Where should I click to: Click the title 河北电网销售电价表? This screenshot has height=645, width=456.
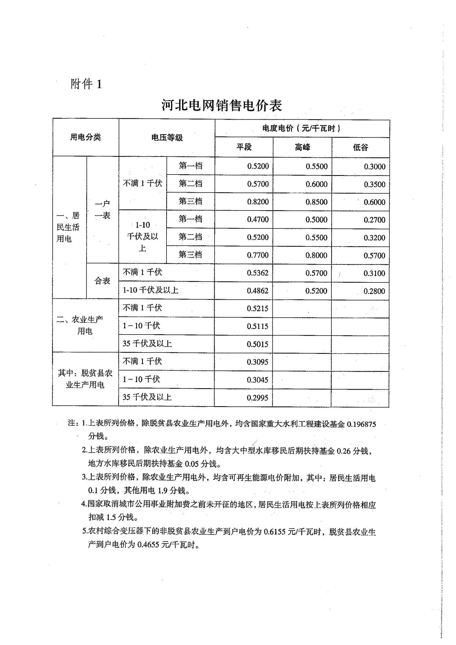pos(222,106)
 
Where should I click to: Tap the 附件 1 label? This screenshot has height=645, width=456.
pos(86,84)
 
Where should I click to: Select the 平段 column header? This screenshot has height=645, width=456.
pos(244,147)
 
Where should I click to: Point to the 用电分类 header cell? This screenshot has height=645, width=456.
pos(85,137)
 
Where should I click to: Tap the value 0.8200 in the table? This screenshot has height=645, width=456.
pos(258,202)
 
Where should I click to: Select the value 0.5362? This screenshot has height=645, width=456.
pos(257,273)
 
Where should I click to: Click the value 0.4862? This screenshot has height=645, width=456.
pos(257,291)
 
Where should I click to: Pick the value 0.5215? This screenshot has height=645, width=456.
pos(257,309)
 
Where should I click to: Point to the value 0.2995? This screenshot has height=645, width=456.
pos(257,398)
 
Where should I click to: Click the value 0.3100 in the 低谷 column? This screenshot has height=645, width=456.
pos(374,273)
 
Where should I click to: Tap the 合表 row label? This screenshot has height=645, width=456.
pos(102,281)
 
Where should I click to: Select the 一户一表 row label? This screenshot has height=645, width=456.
pos(102,210)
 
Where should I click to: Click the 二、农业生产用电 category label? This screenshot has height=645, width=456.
pos(81,325)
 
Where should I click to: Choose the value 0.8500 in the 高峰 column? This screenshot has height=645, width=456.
pos(316,202)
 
